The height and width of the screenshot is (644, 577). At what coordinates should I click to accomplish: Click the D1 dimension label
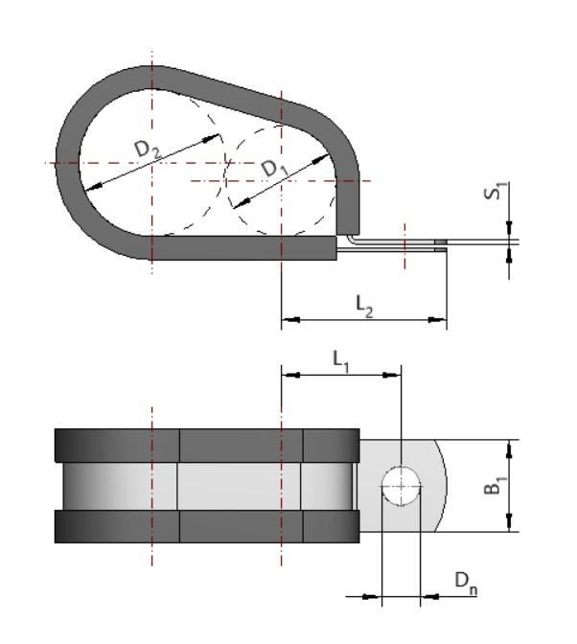pos(276,168)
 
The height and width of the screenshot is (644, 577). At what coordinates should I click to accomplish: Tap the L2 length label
pos(364,305)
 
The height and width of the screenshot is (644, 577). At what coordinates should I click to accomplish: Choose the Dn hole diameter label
pos(465,582)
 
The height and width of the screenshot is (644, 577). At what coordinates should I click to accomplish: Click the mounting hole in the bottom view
pos(402,487)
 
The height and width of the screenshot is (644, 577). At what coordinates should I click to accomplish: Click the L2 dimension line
pos(364,318)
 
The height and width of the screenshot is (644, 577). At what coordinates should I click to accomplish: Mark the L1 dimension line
pos(340,374)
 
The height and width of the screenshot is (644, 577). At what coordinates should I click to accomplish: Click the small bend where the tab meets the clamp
pos(353,241)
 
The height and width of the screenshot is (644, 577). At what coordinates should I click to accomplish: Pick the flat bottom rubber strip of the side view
pos(244,248)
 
